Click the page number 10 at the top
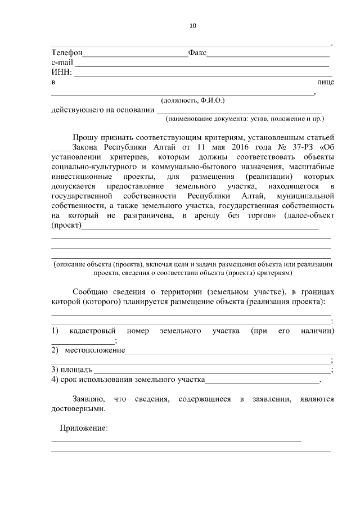pos(193,25)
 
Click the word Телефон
pos(67,53)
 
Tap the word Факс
pos(197,53)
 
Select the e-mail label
pos(62,62)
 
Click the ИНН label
pos(61,72)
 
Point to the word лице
pos(326,82)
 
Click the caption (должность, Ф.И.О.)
pos(192,100)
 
